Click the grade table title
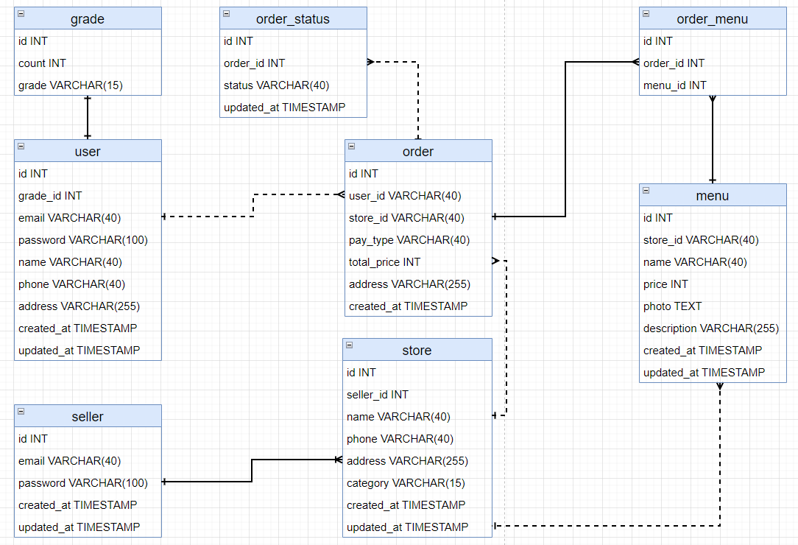(x=88, y=19)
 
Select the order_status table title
(x=293, y=19)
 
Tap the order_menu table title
(x=713, y=19)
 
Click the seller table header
(x=88, y=417)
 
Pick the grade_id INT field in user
(x=50, y=196)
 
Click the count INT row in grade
(x=42, y=63)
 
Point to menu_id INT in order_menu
(x=674, y=85)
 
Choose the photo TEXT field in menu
(x=672, y=306)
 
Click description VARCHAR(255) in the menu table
(x=710, y=328)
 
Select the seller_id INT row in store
(x=377, y=395)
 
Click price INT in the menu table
(x=665, y=284)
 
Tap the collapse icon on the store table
(x=350, y=345)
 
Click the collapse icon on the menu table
(x=646, y=191)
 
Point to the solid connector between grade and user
(x=88, y=118)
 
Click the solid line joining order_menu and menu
(x=712, y=140)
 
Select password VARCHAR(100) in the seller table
(x=82, y=483)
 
